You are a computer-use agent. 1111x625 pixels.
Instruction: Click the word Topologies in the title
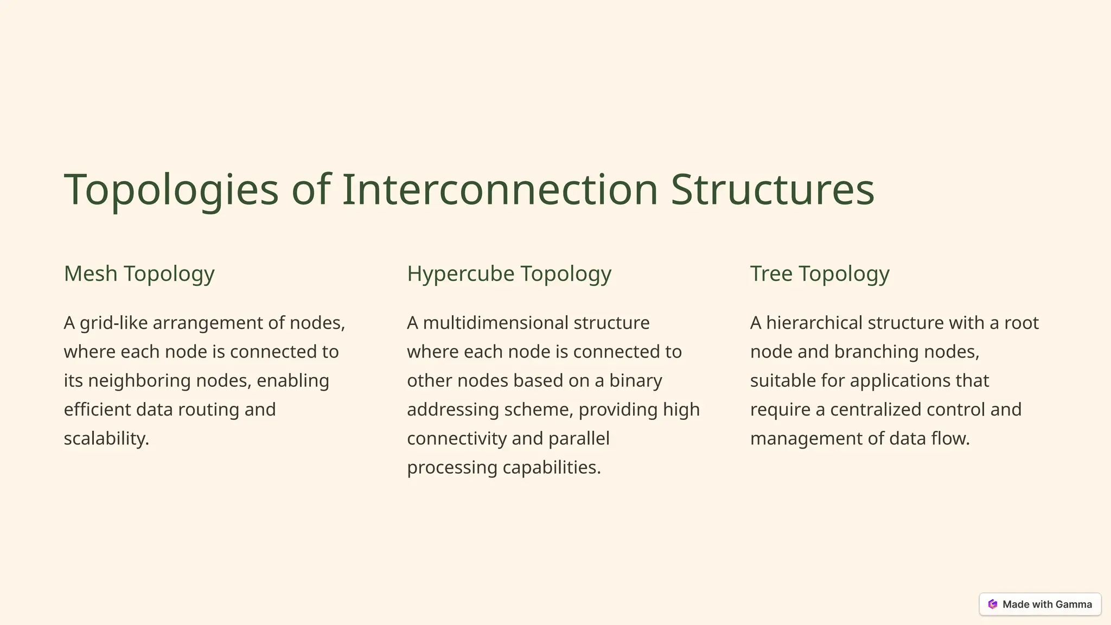pos(171,189)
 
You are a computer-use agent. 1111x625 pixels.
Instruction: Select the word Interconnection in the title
pos(500,189)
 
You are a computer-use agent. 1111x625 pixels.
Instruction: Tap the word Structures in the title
pos(772,189)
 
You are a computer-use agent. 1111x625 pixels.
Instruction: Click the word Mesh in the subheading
pos(91,273)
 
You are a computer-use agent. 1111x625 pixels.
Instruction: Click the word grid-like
pos(113,323)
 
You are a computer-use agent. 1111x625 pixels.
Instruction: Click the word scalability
pos(106,438)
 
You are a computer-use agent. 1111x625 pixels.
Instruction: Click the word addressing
pos(452,409)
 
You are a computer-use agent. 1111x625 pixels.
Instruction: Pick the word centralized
pos(876,409)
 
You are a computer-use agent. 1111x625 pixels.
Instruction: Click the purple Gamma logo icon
pos(993,604)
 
